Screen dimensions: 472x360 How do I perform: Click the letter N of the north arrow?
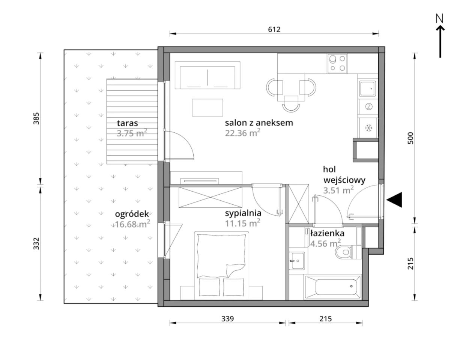(440, 18)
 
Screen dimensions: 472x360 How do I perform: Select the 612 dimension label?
(274, 29)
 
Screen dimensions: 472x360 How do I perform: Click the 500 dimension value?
(410, 138)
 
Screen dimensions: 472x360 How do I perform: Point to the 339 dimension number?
(227, 319)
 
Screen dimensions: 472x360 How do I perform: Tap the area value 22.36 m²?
(242, 133)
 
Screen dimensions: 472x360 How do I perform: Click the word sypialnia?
(243, 213)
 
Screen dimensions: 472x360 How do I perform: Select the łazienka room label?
(327, 233)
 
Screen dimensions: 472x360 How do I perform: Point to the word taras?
(127, 123)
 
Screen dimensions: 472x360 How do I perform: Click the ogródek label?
(132, 214)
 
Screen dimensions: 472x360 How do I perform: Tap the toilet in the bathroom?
(344, 252)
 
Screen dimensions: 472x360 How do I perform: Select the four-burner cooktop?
(337, 63)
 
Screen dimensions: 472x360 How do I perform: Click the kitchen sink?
(367, 88)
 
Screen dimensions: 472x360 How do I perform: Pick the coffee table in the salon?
(207, 108)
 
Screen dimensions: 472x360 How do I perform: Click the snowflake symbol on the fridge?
(368, 128)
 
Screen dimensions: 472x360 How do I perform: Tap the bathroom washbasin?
(296, 261)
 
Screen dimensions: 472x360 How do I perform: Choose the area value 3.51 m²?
(338, 190)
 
